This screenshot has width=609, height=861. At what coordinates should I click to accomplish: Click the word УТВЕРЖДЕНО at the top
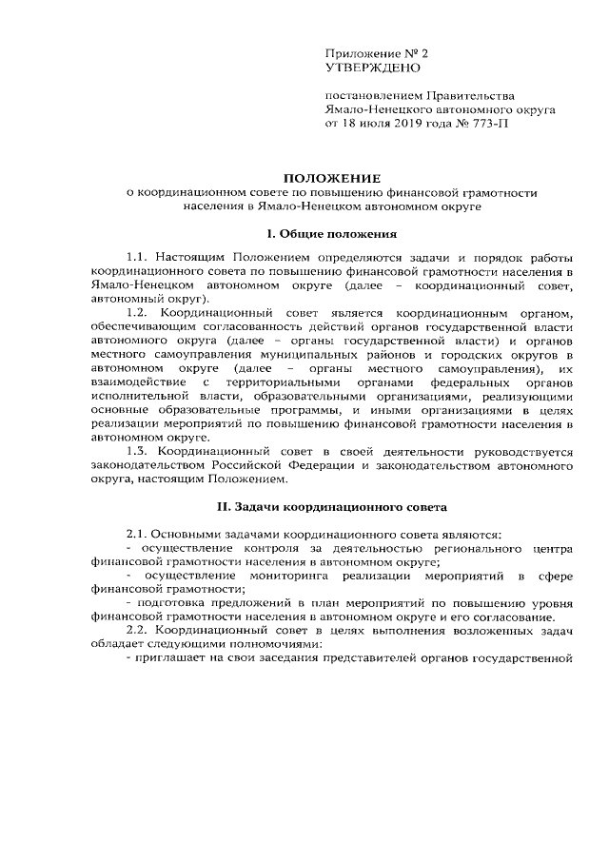tap(371, 68)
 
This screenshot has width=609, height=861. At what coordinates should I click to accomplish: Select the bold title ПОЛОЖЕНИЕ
tap(333, 178)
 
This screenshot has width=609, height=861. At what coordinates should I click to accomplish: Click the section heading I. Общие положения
tap(332, 233)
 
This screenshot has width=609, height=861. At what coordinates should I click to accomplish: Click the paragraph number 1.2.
tap(138, 313)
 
